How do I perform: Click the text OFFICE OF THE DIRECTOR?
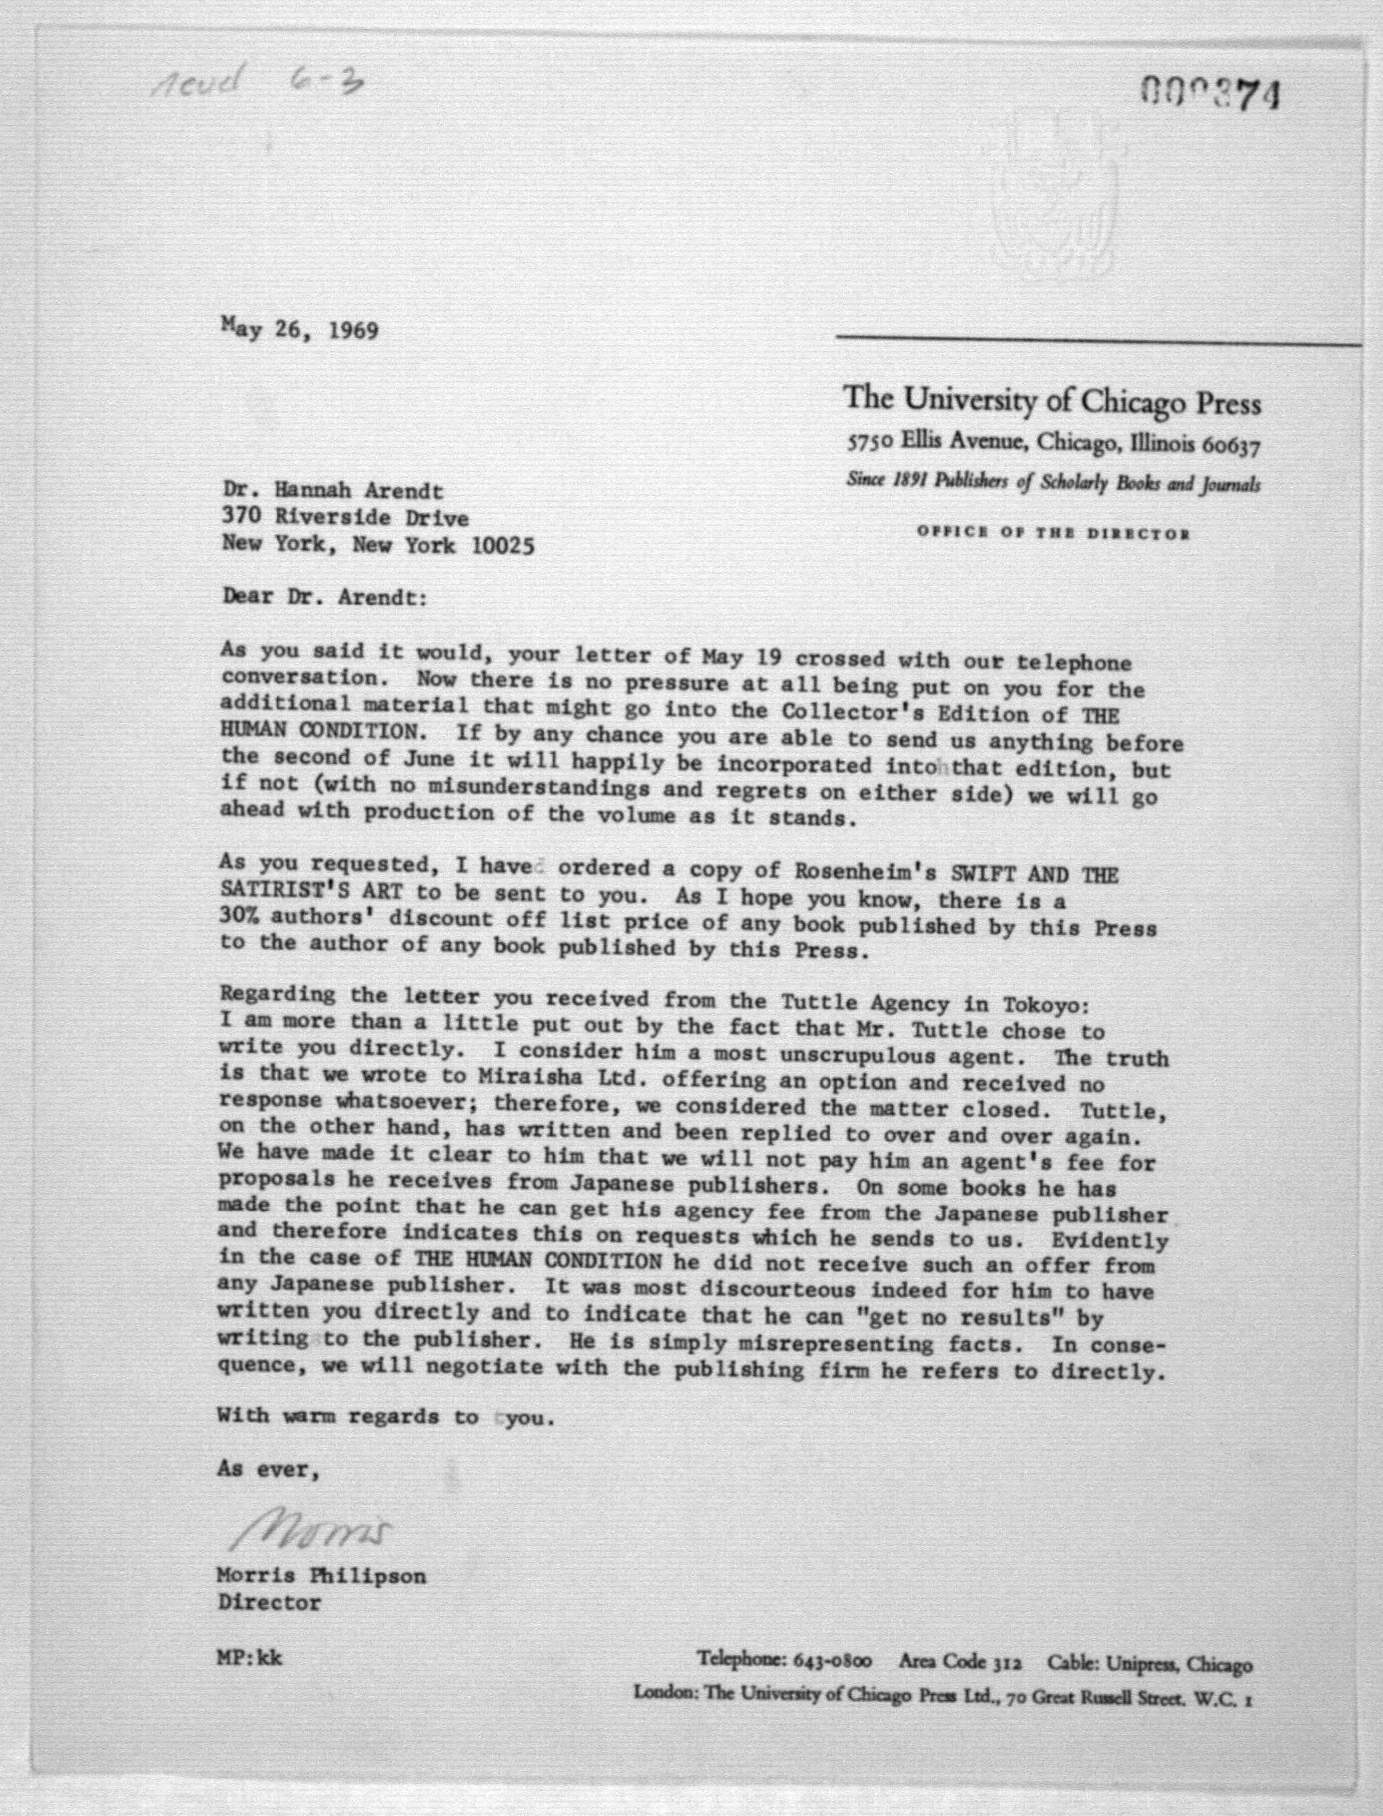tap(1054, 533)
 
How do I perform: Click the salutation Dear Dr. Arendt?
tap(325, 596)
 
